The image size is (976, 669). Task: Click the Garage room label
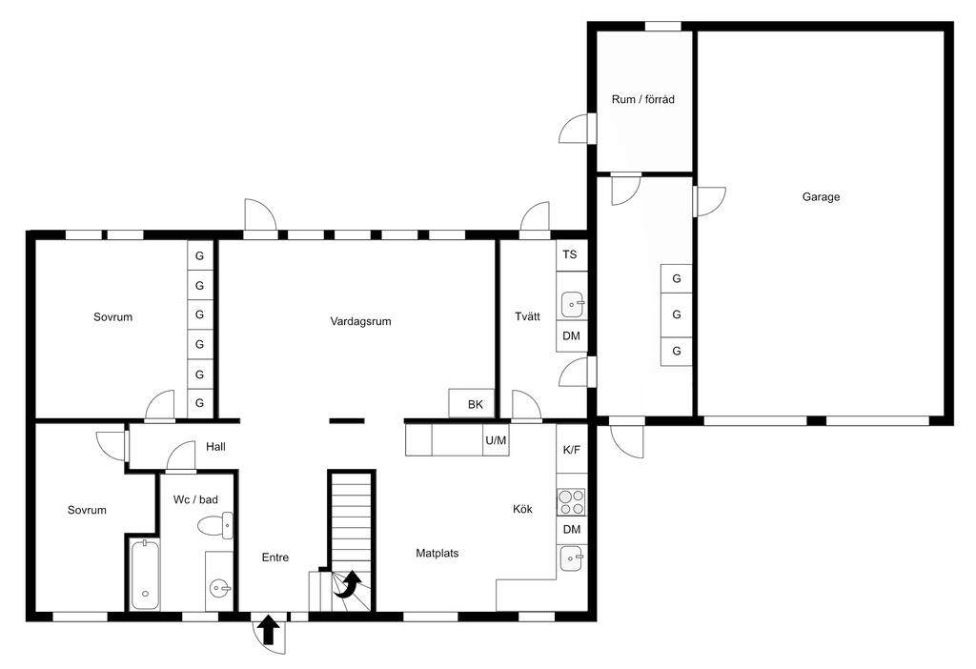[821, 197]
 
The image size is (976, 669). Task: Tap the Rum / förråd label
[643, 99]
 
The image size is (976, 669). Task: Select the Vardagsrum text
[360, 322]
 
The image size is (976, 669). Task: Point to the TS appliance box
[572, 255]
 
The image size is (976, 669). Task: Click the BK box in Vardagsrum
[473, 404]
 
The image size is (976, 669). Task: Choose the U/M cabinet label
[496, 440]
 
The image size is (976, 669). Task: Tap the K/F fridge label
[572, 450]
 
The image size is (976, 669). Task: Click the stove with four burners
[572, 502]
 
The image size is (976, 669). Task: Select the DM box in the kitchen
[572, 530]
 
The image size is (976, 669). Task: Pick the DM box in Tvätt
[572, 336]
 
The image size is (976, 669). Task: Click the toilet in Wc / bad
[215, 526]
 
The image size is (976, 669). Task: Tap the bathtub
[145, 574]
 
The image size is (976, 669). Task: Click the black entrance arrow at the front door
[268, 629]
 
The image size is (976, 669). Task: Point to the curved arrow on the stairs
[349, 585]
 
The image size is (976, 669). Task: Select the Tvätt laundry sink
[573, 305]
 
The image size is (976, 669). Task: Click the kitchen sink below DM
[572, 558]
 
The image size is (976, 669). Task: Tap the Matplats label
[437, 554]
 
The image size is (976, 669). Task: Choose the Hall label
[215, 447]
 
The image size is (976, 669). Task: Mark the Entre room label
[275, 557]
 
